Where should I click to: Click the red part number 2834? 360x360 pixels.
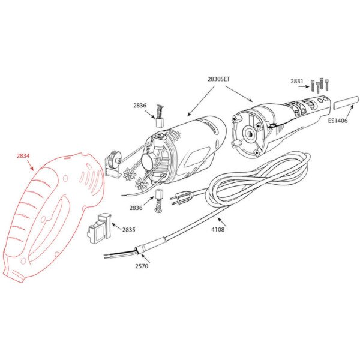23,156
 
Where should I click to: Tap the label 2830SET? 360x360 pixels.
218,79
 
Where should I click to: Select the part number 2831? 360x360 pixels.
297,81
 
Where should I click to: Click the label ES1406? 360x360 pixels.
337,121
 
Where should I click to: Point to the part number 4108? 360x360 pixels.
218,229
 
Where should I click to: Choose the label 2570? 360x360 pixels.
142,266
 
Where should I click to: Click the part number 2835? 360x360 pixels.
128,230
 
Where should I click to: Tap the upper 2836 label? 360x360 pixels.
140,106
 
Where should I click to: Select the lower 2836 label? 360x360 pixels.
136,208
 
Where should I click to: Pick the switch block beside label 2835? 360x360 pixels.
99,229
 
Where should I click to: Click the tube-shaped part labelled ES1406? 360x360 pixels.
346,103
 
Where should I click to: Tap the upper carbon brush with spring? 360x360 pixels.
160,116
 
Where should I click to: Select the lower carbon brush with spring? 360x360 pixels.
158,200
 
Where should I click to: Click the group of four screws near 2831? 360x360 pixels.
319,85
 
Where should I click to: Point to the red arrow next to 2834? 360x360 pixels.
30,166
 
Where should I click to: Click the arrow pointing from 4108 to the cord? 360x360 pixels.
222,222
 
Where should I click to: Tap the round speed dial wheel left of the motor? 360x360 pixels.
114,158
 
